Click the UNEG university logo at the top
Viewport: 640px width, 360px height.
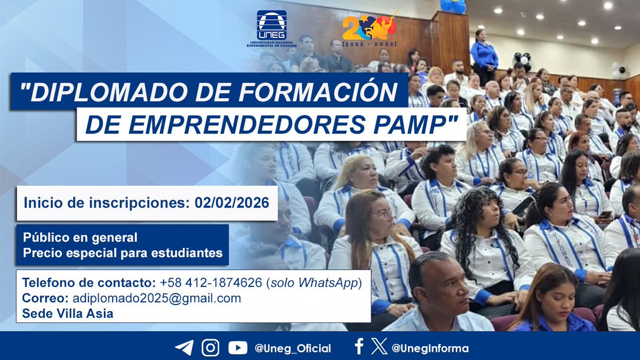271,28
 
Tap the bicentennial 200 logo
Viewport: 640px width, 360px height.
370,31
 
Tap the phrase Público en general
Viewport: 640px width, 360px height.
80,237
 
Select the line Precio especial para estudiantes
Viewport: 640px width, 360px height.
123,253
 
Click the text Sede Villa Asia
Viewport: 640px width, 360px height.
68,314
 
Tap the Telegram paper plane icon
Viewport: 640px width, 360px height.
184,348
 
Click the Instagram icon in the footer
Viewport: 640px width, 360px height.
211,348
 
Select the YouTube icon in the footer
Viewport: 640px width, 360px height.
238,348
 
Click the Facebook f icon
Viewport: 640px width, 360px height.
359,347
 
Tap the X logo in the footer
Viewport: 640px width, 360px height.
379,348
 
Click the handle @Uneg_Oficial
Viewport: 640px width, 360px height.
293,348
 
